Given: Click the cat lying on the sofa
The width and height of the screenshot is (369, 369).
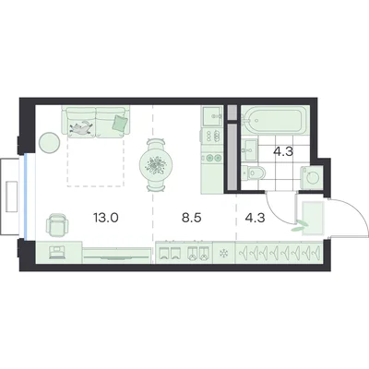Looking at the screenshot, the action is pos(81,127).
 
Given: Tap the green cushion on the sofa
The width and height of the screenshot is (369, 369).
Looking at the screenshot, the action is pos(120,123).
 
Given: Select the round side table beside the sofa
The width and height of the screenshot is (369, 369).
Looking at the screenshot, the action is pos(49,143).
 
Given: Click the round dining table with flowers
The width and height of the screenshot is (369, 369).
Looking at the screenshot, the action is pos(156,164).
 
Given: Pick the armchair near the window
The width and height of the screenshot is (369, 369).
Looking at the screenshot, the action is pos(57,223).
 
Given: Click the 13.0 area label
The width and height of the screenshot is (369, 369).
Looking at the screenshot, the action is pos(106,218).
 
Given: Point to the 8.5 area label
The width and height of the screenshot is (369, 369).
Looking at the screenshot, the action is pos(191,218).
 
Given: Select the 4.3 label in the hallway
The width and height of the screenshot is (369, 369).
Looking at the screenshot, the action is pos(255,218).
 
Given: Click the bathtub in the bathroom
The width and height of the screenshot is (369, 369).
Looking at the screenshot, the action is pos(274,120).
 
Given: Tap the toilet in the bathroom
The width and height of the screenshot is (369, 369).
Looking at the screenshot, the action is pos(254,173).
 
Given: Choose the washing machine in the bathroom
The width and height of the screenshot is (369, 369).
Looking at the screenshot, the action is pos(312,177).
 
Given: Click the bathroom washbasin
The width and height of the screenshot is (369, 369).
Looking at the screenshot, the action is pos(249,150).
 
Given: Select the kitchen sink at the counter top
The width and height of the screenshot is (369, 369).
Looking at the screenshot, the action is pos(212,116).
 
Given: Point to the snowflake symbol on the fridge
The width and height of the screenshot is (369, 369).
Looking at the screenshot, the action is pos(223,254).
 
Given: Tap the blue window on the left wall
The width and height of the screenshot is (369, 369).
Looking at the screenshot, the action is pos(26,196).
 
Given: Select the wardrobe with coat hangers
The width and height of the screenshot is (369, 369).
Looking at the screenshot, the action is pos(279,253).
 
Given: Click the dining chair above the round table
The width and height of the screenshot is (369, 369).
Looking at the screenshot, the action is pos(156,144).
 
